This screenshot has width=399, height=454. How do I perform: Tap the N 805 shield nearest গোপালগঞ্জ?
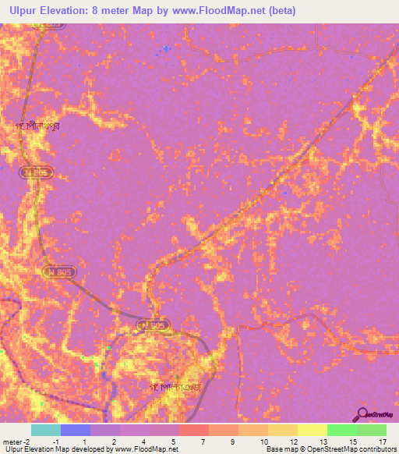153,324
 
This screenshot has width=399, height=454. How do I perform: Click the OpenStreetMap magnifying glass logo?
362,416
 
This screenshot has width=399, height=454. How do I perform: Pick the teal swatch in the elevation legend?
46,430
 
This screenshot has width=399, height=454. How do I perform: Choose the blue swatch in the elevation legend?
76,430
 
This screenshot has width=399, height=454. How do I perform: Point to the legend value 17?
382,442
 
